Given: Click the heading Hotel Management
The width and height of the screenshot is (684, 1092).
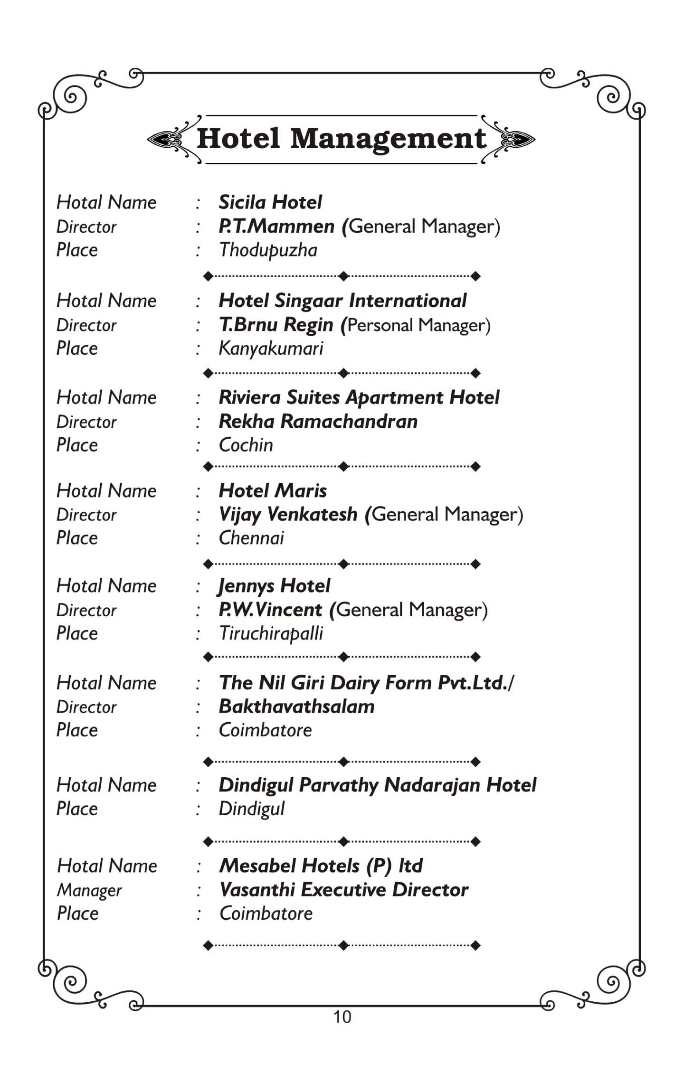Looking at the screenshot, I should [341, 139].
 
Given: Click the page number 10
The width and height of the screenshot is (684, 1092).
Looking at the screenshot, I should [342, 1017].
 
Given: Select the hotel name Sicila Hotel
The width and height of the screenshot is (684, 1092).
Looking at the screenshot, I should [270, 202].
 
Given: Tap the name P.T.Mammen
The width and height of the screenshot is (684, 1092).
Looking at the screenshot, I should [276, 226].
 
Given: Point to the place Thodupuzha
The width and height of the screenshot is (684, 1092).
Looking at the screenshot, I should [268, 250].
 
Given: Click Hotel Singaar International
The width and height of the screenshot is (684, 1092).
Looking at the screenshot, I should [342, 301].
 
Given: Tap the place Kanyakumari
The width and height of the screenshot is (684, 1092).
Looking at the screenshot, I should [271, 348].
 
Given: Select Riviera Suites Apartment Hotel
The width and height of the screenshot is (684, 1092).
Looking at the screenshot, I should [359, 397].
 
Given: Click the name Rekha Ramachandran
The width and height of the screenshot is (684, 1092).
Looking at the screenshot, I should [318, 422].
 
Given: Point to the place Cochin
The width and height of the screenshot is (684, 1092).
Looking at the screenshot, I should [246, 445].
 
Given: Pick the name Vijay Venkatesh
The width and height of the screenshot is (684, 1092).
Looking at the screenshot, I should [288, 514].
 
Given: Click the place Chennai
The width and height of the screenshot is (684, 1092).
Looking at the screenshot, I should [251, 538].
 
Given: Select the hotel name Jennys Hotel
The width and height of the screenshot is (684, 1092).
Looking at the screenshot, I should [274, 586].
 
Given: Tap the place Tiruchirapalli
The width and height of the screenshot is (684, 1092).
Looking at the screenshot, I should [271, 633].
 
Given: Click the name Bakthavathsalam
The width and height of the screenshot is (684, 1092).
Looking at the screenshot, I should [296, 706].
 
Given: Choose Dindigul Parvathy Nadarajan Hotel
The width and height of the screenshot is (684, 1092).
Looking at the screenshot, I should [377, 785].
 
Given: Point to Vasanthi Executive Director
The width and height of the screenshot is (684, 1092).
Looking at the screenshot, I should [344, 890].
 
